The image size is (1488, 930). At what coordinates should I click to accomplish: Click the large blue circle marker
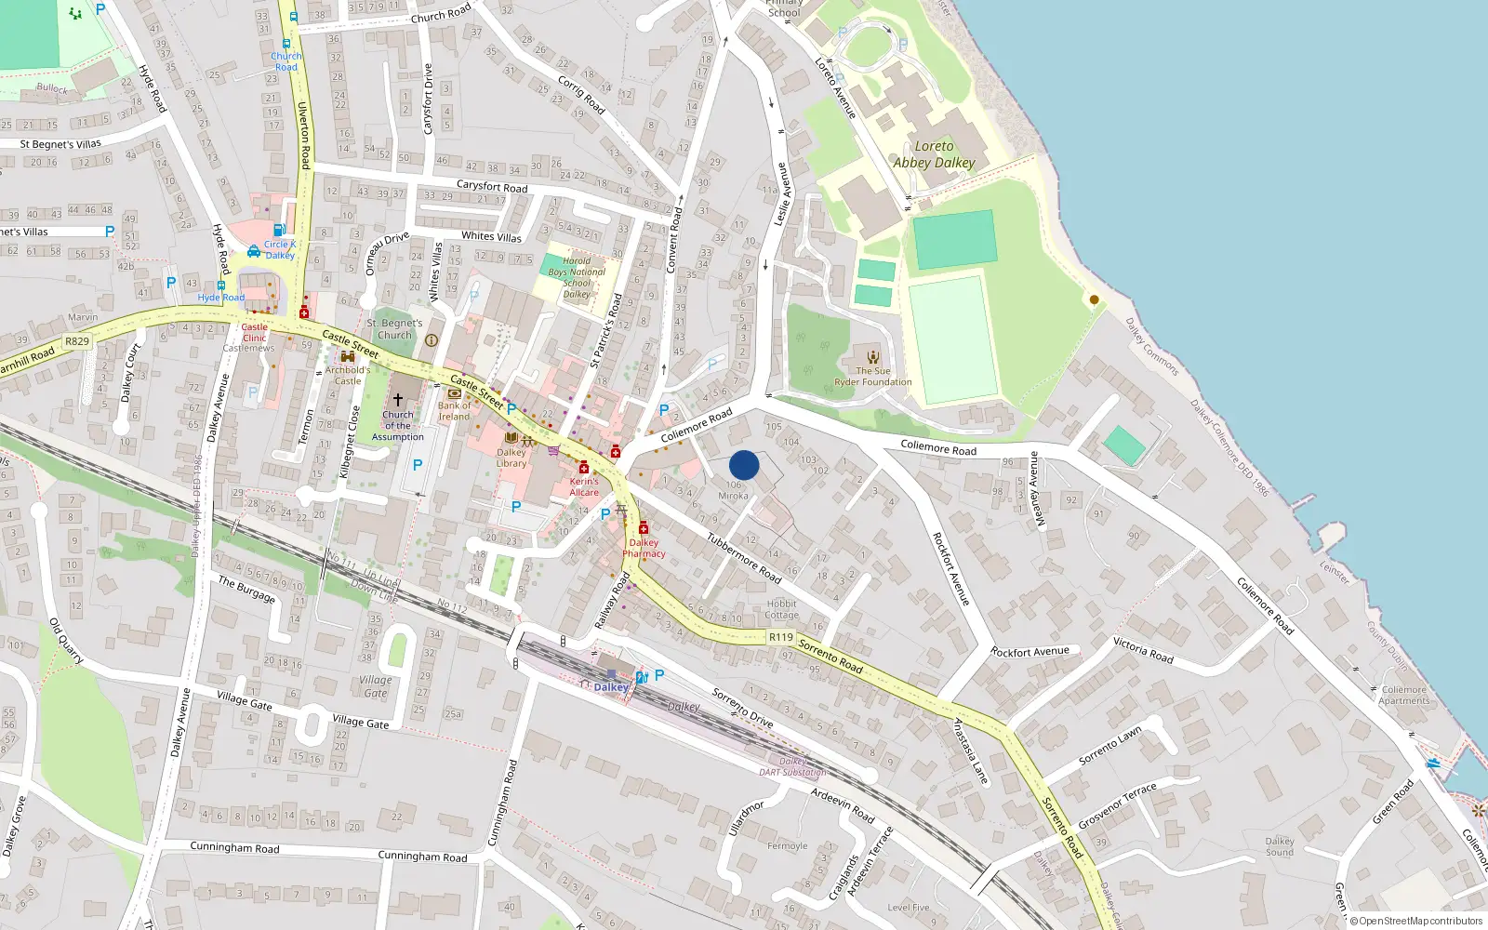pos(744,465)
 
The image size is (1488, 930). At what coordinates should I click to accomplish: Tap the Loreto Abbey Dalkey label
pos(934,154)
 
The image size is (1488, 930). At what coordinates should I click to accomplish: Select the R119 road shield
pos(781,637)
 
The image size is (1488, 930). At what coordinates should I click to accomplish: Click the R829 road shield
pos(77,341)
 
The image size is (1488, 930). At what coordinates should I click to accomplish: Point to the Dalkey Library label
pos(511,458)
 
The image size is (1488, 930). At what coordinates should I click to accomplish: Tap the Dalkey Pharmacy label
pos(644,548)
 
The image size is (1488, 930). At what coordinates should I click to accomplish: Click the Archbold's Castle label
pos(347,375)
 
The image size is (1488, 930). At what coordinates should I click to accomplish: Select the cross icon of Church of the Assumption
pos(398,399)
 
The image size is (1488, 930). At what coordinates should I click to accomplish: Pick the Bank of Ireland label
pos(455,411)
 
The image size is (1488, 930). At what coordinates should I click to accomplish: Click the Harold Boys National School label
pos(577,277)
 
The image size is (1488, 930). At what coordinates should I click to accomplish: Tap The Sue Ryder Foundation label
pos(873,376)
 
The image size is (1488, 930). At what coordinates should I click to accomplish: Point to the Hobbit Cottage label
pos(781,609)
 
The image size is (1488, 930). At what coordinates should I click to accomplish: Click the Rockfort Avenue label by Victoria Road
pos(1030,652)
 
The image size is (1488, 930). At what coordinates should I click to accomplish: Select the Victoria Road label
pos(1143,650)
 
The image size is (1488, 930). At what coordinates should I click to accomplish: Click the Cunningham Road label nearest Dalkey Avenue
pos(234,847)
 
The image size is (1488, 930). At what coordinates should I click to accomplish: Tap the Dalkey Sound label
pos(1279,846)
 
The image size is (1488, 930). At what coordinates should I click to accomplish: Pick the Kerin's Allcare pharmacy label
pos(584,486)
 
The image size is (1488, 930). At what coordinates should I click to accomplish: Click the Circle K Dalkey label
pos(279,249)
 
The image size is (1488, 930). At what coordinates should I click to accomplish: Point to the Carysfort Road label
pos(491,187)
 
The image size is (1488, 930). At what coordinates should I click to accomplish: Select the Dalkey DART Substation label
pos(792,766)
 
